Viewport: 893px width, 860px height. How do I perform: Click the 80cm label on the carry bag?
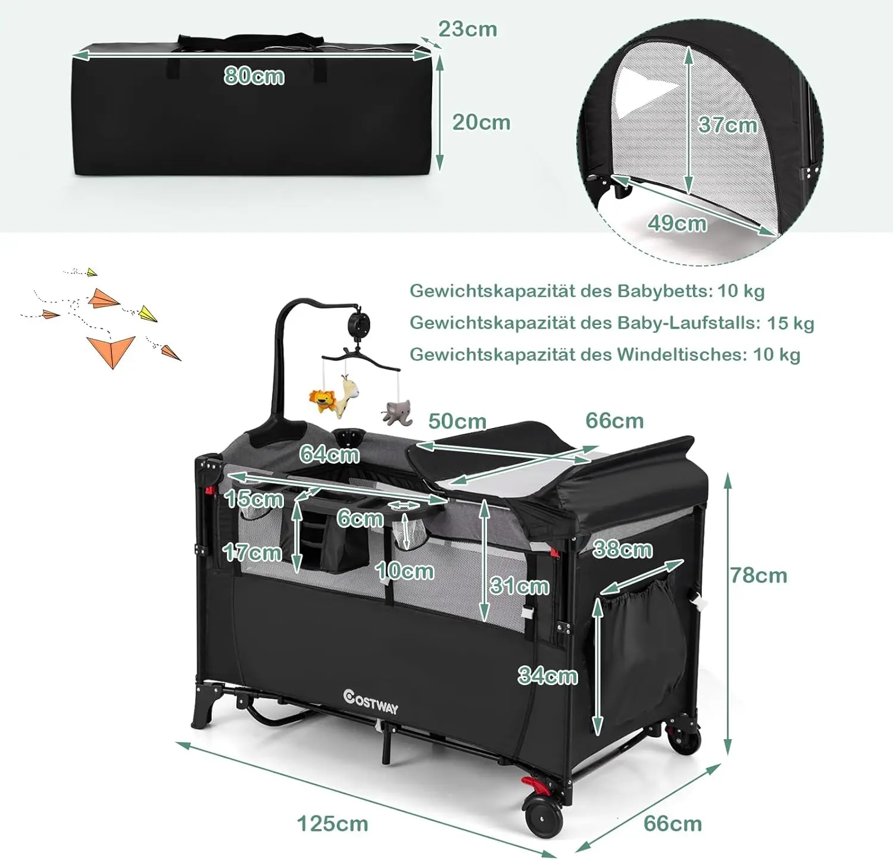[x=254, y=76]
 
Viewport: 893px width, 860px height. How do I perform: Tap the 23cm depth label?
[x=467, y=29]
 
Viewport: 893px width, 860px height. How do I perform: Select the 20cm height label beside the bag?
[x=481, y=123]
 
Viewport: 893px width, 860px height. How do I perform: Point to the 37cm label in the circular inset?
[x=727, y=125]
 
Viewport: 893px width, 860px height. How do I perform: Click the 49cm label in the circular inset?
[x=677, y=223]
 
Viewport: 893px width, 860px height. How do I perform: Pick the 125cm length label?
[x=332, y=824]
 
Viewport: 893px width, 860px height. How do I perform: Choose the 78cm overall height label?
[x=758, y=576]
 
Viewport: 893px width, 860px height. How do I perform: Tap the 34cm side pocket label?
[x=548, y=676]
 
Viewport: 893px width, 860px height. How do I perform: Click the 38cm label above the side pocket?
[x=623, y=549]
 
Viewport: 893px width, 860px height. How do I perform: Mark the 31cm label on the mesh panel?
[x=519, y=586]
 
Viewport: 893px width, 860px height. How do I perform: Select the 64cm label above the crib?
[x=329, y=454]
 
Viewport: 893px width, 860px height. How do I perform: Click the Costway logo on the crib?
[x=370, y=702]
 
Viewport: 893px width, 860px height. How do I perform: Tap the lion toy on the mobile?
[x=322, y=399]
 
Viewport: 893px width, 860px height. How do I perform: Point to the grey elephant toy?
[x=397, y=412]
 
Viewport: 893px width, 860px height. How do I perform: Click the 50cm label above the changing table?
[x=457, y=421]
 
